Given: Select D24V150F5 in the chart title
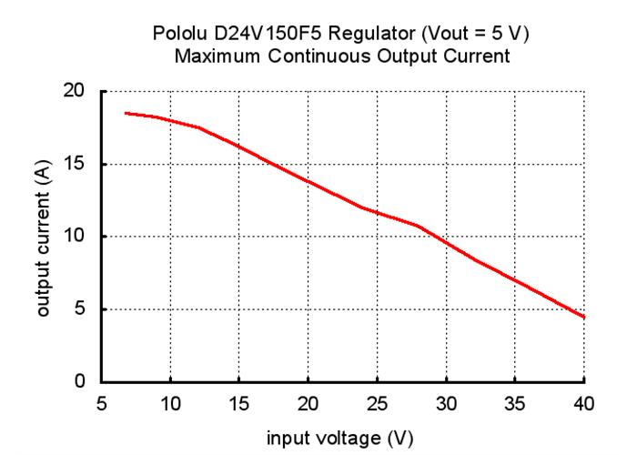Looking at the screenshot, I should [x=268, y=35].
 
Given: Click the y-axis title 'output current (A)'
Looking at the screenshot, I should [x=42, y=237].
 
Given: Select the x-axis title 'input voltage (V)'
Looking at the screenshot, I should [x=339, y=439].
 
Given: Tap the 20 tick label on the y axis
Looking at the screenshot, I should [x=74, y=91].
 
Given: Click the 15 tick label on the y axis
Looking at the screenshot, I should [x=74, y=164].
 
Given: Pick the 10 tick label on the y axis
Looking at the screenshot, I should [x=74, y=237].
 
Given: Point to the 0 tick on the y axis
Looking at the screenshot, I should [x=80, y=381].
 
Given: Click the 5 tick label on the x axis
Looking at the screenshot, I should [x=101, y=403].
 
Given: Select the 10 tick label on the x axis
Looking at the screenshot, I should [x=170, y=403].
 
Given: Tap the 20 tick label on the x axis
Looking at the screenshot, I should [x=308, y=403].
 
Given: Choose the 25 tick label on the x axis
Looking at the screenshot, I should [x=378, y=403].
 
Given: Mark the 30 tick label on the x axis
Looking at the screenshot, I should [x=446, y=403].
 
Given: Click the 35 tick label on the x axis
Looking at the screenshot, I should [x=515, y=403].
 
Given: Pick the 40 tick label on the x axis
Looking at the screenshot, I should [x=583, y=403].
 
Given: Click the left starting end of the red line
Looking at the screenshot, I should [x=126, y=113].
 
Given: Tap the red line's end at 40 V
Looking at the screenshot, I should [x=583, y=317].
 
